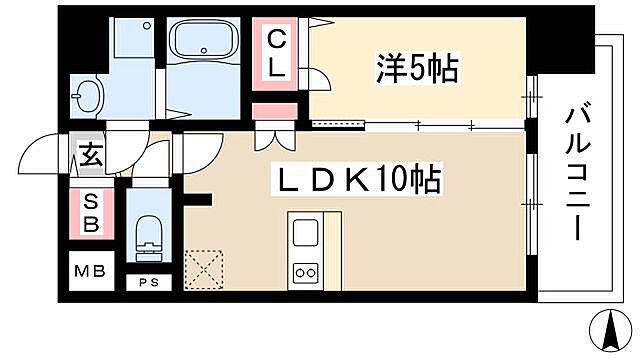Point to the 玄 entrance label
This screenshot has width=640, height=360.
tap(89, 156)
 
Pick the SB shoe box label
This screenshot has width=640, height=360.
tap(89, 213)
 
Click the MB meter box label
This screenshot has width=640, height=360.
tap(89, 271)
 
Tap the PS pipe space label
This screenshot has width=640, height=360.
tap(147, 282)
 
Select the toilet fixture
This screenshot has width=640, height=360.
tap(148, 231)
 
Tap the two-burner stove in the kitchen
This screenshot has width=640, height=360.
tap(304, 271)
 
